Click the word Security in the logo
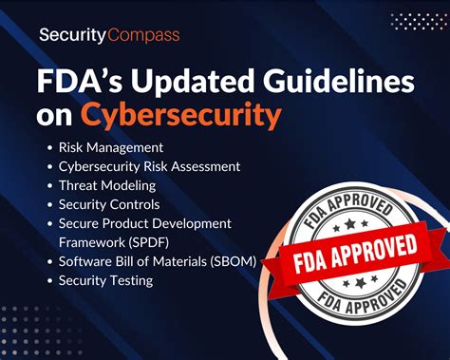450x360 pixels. point(71,37)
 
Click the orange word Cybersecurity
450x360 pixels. point(180,115)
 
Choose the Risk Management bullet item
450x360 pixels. point(110,147)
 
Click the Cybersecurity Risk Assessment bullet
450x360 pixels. point(149,166)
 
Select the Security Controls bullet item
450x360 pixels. point(109,204)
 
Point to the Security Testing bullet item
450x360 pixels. point(105,280)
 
